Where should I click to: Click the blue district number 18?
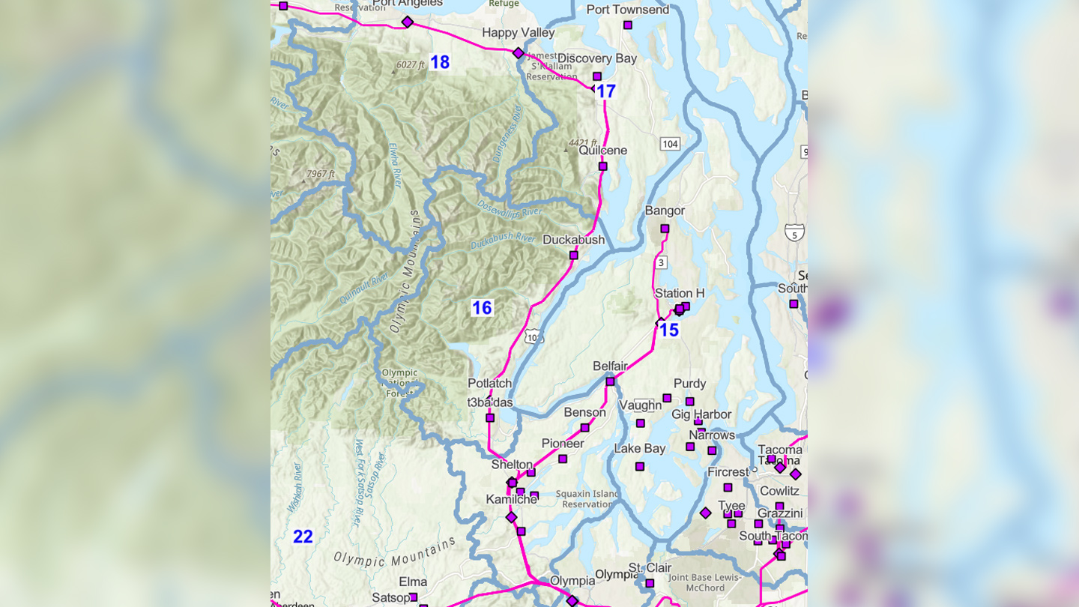point(440,62)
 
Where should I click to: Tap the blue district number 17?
point(605,92)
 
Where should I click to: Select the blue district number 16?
point(482,307)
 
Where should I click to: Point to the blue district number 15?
point(668,330)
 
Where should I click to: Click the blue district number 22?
point(303,537)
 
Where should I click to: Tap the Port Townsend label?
point(627,10)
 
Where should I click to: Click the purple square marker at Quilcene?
point(602,166)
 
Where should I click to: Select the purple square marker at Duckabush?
point(573,256)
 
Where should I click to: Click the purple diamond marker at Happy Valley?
point(518,53)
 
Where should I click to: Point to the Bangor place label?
point(665,211)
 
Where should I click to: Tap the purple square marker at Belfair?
point(610,381)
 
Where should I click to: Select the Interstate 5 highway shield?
point(794,232)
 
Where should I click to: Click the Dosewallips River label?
point(510,208)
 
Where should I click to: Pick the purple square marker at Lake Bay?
point(639,466)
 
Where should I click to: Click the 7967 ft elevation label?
point(320,174)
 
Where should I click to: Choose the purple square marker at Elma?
point(413,597)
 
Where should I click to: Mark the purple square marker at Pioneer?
point(563,459)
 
